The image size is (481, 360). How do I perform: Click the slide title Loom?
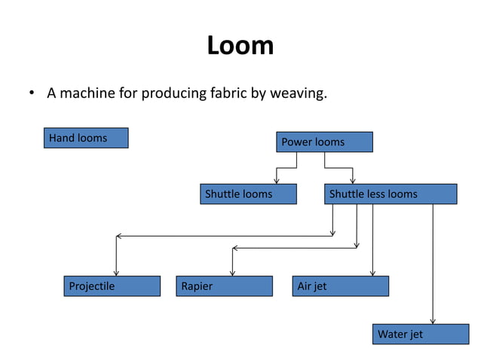[x=240, y=46]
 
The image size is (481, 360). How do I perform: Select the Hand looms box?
[x=85, y=138]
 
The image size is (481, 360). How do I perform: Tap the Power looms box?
[x=324, y=142]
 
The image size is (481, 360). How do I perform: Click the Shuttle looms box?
[x=248, y=194]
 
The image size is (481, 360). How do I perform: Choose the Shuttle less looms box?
[x=391, y=194]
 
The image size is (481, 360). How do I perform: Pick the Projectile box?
[x=112, y=286]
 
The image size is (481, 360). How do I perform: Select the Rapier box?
[x=224, y=286]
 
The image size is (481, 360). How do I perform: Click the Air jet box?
[x=341, y=286]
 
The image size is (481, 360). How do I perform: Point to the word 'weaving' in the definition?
[x=299, y=94]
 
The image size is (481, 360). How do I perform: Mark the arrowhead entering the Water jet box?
[x=433, y=321]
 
